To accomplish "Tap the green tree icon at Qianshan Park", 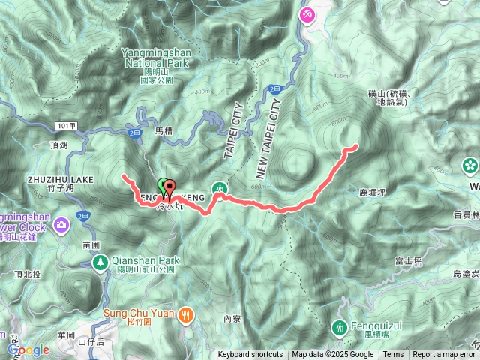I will tap(100, 262).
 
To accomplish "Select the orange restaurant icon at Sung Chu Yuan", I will tap(186, 316).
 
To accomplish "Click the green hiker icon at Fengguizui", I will tap(339, 327).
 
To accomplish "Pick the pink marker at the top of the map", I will tap(307, 14).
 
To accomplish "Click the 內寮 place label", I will tap(231, 318).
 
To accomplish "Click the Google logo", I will tap(28, 349).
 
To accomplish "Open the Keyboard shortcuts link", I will tap(250, 355).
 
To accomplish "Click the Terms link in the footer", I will tap(393, 355).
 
